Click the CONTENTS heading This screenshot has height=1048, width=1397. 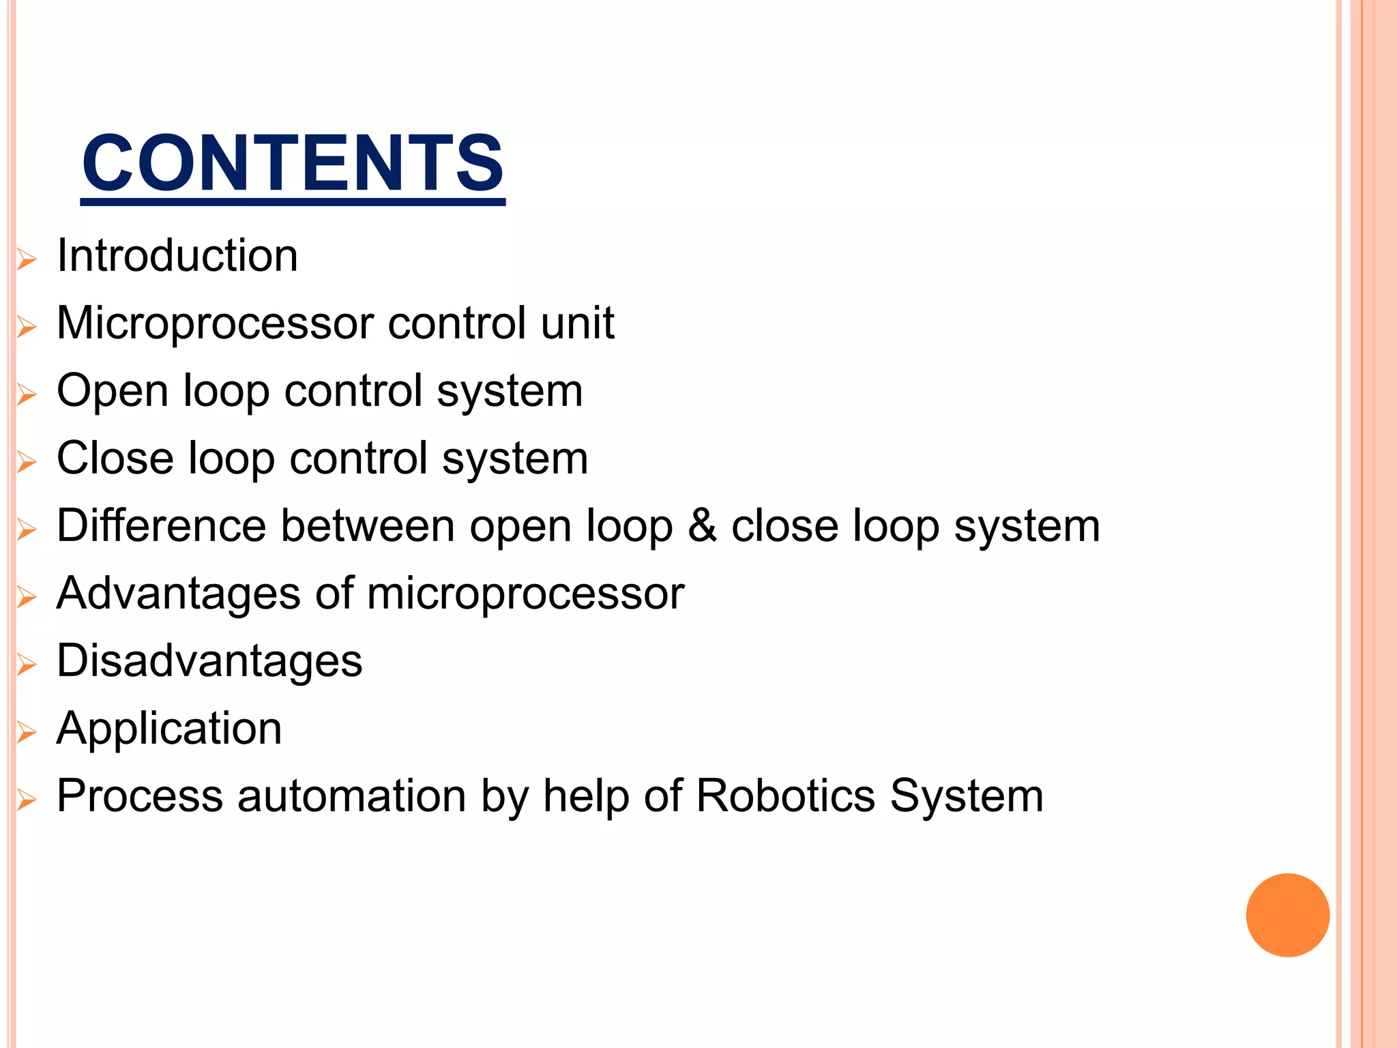click(x=293, y=164)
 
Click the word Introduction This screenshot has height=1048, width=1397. click(x=177, y=256)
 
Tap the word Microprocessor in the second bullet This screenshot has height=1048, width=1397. click(x=215, y=323)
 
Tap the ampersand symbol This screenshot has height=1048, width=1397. click(x=702, y=525)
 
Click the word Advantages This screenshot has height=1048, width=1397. click(x=178, y=593)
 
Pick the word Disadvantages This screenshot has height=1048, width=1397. click(x=209, y=661)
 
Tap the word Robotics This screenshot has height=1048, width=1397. click(x=785, y=796)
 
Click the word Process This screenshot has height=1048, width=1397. click(x=139, y=796)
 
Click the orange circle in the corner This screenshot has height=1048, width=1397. click(x=1287, y=915)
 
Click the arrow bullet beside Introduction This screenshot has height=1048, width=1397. click(x=27, y=260)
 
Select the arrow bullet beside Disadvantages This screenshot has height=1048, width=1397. click(x=27, y=665)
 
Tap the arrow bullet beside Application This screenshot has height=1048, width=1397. click(x=27, y=732)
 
